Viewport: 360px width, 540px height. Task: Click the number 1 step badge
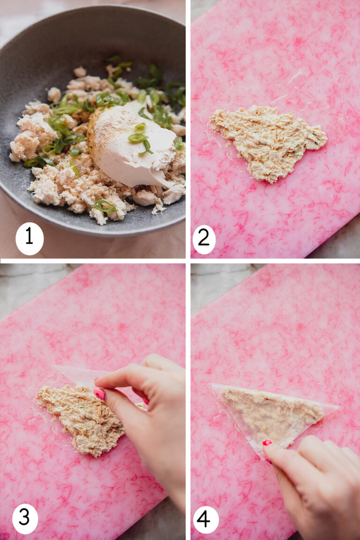tap(29, 239)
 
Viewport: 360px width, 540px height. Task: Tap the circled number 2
tap(204, 239)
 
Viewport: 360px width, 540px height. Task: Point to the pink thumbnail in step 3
tap(99, 394)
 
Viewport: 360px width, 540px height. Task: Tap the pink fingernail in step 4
tap(267, 442)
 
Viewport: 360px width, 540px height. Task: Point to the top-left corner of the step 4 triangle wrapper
tap(212, 385)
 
